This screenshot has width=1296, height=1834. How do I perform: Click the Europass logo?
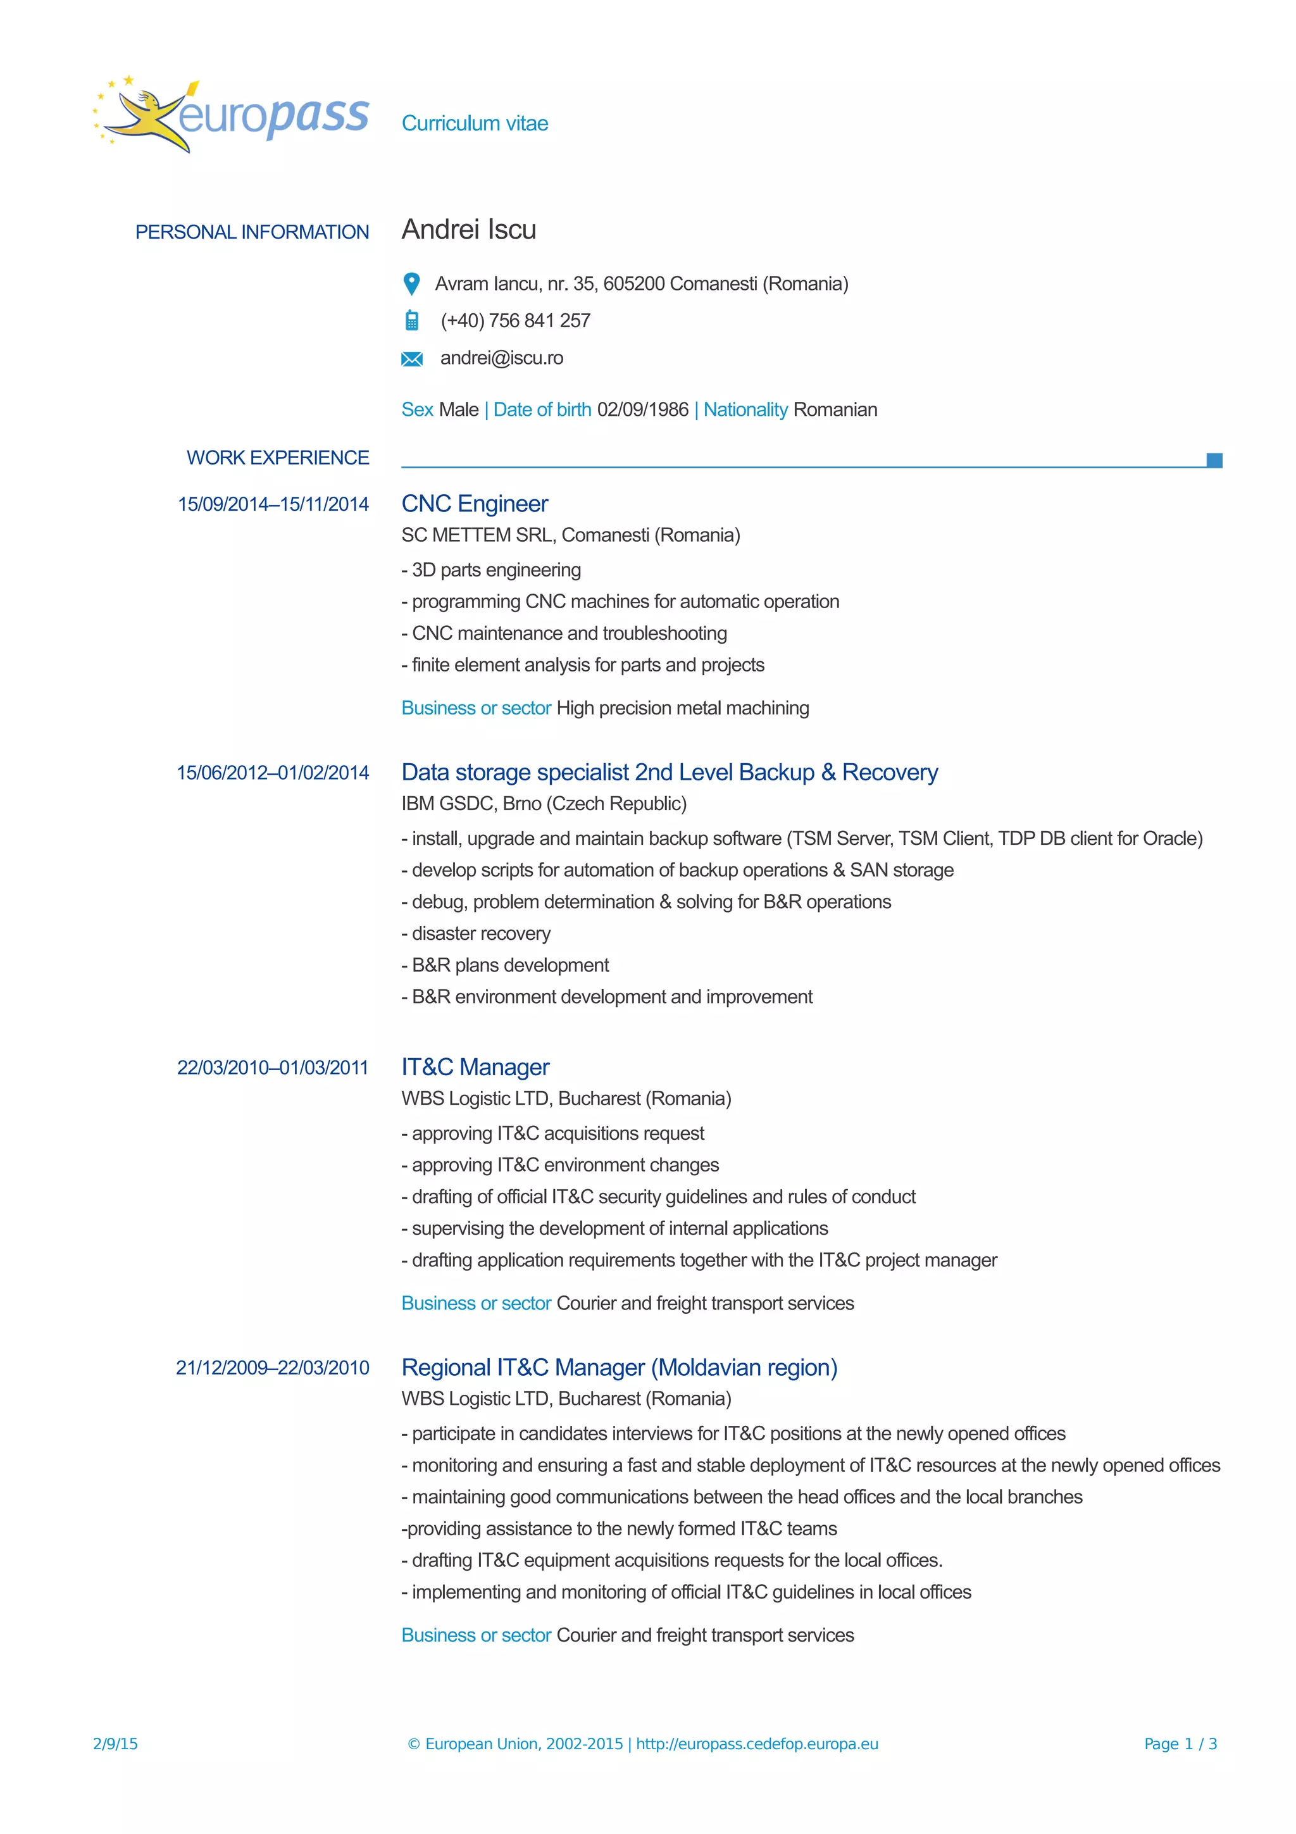(232, 116)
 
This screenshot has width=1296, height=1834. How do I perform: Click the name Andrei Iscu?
(469, 230)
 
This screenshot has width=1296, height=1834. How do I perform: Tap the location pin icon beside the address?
(411, 284)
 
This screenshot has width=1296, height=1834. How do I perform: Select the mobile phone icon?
(411, 320)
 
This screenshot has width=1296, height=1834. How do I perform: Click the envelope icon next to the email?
(411, 359)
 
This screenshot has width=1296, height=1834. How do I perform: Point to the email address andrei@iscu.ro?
(501, 358)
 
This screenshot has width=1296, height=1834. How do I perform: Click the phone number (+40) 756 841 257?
(515, 320)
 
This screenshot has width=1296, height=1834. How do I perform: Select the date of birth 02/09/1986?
(642, 410)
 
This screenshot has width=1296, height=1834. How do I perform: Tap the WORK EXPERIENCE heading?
(277, 458)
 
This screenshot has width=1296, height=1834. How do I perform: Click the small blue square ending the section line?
(1214, 460)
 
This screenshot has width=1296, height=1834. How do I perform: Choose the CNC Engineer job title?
(475, 504)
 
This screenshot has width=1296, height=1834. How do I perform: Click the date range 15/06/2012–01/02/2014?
(272, 773)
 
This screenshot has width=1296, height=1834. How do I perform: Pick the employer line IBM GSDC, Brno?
(544, 804)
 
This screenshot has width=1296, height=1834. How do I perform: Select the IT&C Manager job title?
(475, 1067)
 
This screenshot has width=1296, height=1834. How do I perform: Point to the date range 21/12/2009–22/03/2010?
(272, 1368)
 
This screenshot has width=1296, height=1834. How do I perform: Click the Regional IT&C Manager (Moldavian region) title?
(619, 1368)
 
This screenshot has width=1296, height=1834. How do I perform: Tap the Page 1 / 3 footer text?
(1180, 1744)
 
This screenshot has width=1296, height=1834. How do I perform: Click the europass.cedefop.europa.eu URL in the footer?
(757, 1744)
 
